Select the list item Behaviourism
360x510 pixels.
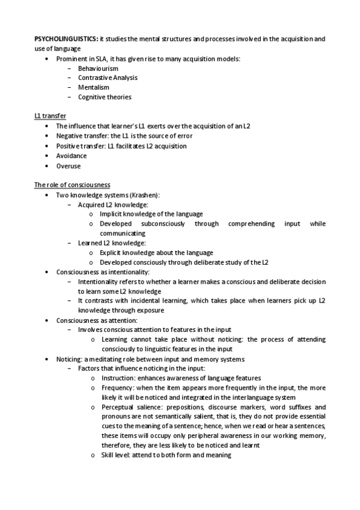(98, 69)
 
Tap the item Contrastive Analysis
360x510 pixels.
(108, 78)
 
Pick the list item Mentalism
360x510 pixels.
(93, 87)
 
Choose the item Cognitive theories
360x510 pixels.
(105, 97)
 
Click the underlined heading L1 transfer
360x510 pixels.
(50, 116)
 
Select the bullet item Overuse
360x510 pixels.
(68, 165)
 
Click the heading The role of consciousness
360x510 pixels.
(72, 185)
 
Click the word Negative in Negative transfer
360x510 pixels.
(70, 136)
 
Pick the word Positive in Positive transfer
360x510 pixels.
(69, 146)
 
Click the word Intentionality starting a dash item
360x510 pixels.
(100, 281)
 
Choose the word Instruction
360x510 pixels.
(118, 378)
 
